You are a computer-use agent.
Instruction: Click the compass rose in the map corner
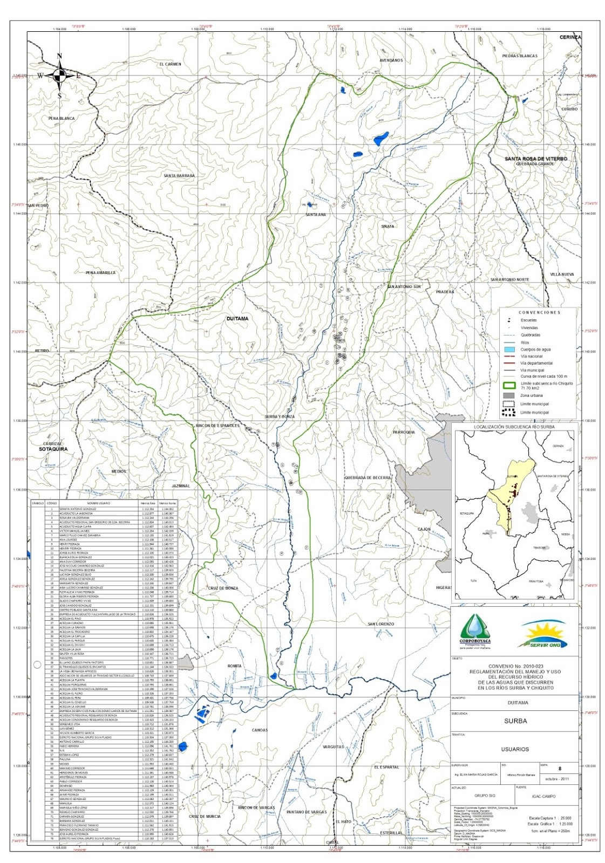click(60, 76)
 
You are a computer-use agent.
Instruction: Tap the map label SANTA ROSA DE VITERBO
click(535, 159)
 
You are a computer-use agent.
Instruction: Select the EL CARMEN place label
click(170, 64)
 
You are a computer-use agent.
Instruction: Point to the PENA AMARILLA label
click(100, 273)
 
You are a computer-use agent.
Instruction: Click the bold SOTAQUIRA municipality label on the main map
click(53, 449)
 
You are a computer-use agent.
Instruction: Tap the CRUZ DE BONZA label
click(223, 588)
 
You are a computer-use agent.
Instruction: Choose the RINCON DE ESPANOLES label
click(217, 426)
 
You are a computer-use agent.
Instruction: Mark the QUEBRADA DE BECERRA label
click(367, 478)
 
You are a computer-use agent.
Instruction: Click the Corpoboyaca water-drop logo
click(475, 631)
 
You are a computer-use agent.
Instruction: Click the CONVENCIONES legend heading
click(539, 312)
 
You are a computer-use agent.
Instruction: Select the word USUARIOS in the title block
click(514, 749)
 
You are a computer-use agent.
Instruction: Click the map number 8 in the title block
click(560, 769)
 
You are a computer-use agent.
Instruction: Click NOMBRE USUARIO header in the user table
click(97, 503)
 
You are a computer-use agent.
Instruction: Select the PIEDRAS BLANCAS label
click(519, 56)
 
